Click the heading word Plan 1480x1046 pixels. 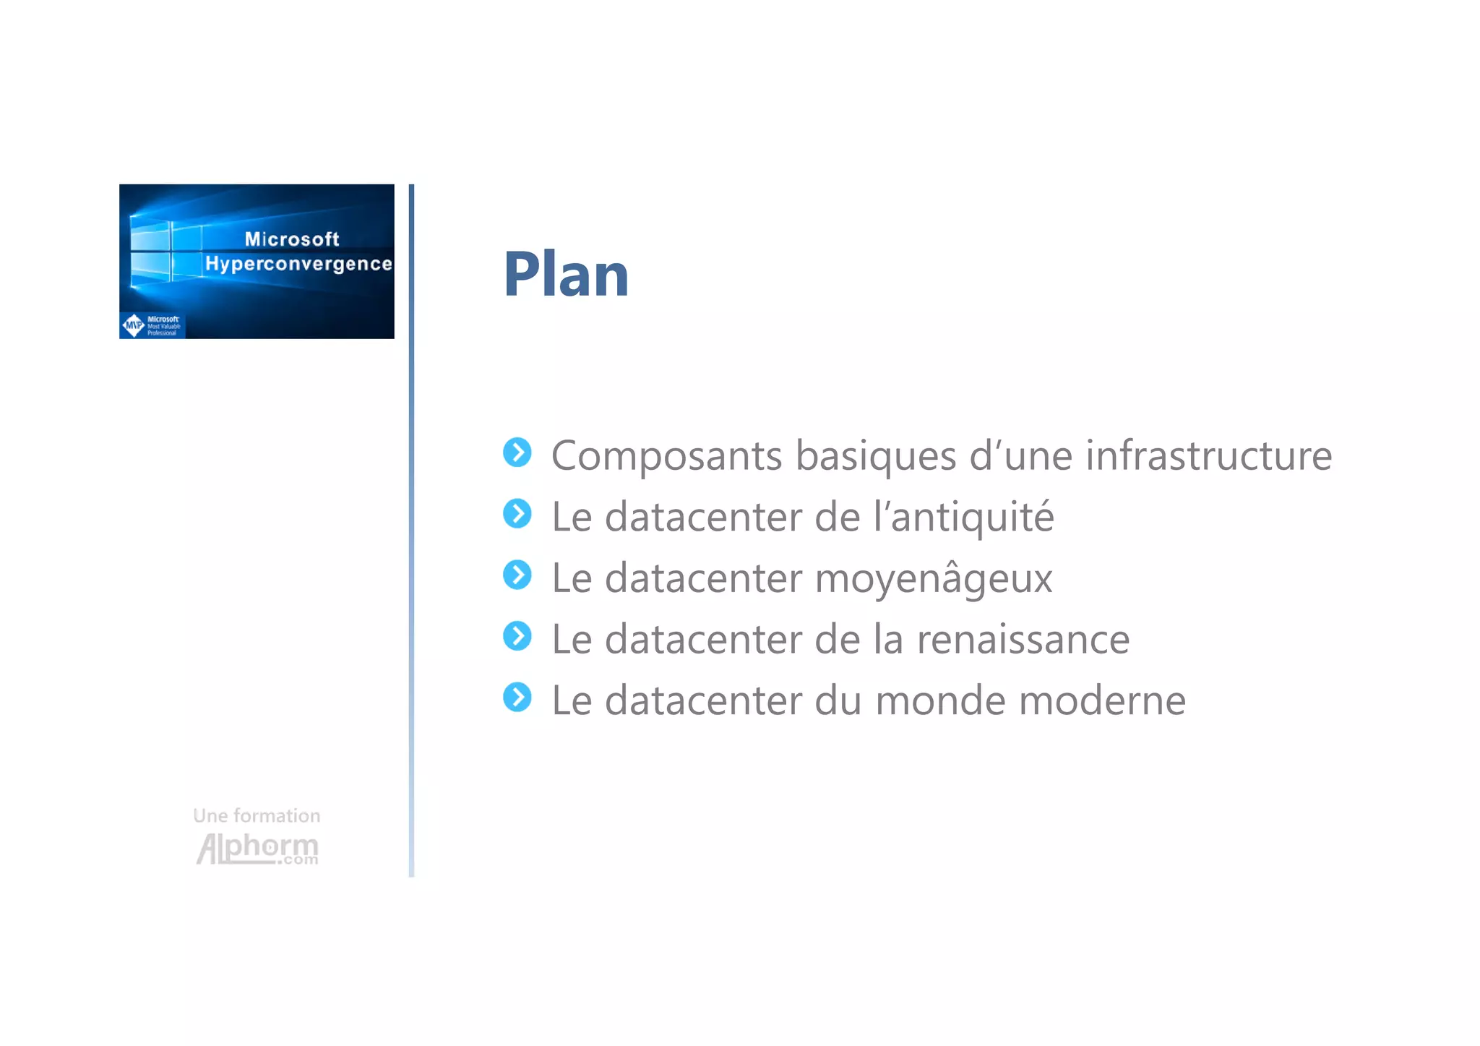click(566, 275)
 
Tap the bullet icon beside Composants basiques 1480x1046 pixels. click(517, 453)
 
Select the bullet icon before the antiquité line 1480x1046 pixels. click(517, 514)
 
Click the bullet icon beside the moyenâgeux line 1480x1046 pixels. click(517, 575)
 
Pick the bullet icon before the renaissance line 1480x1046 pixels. click(517, 636)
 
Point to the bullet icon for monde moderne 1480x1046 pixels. click(517, 698)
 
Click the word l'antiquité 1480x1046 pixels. click(963, 517)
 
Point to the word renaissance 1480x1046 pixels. click(1023, 640)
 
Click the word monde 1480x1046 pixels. click(939, 700)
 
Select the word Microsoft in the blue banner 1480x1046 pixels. click(292, 239)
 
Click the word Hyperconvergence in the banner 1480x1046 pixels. click(298, 264)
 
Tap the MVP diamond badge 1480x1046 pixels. click(134, 325)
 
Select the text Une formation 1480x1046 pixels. click(257, 815)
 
